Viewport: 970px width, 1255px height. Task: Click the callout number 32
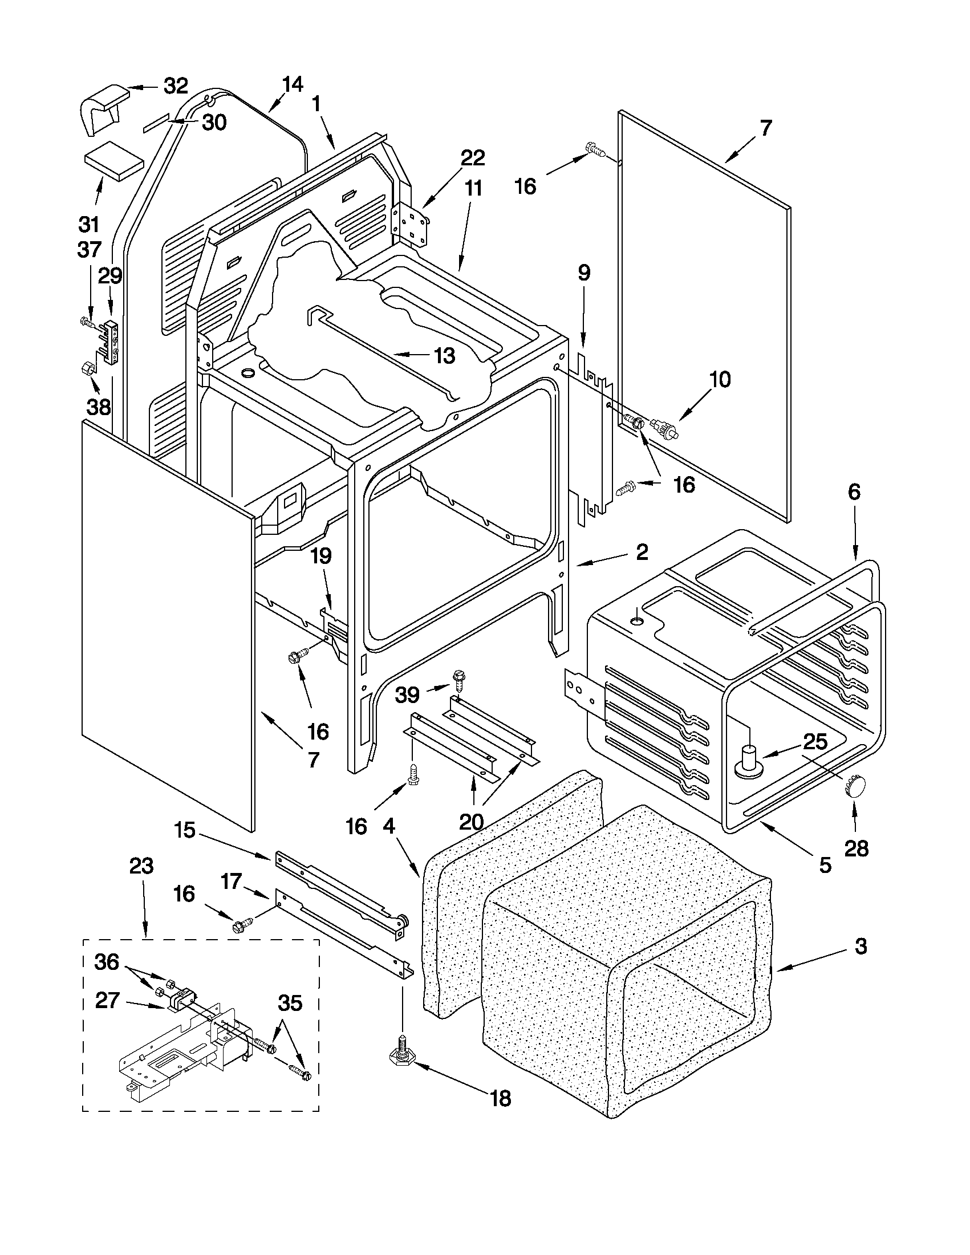coord(176,86)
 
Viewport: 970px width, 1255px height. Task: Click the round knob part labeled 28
coord(854,786)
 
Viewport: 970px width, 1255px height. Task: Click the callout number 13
coord(444,356)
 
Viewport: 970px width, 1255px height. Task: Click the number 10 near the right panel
coord(719,379)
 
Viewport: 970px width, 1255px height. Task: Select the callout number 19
coord(322,557)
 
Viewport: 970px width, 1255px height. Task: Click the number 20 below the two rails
coord(472,822)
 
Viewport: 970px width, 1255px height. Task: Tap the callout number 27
coord(107,1001)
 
